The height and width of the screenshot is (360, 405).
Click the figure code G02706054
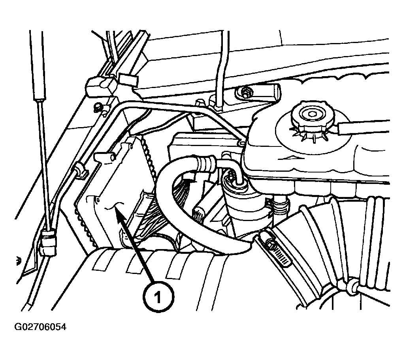point(40,327)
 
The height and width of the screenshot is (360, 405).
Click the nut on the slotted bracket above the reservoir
point(244,92)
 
